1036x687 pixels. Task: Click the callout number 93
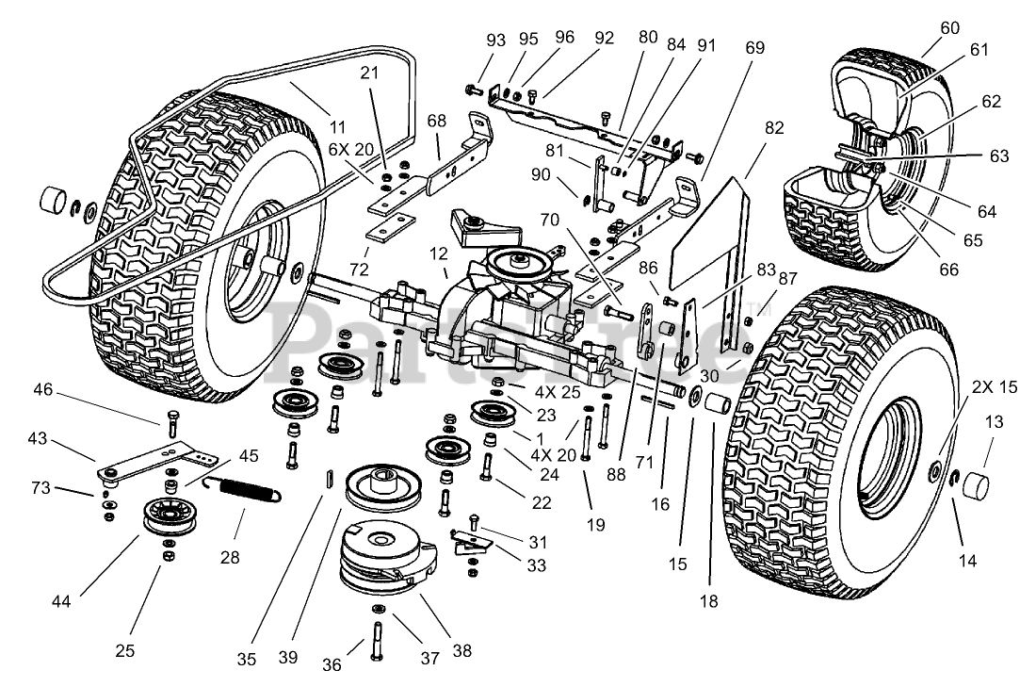(x=496, y=40)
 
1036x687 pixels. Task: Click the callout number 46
(x=44, y=388)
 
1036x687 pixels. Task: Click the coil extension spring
(x=244, y=489)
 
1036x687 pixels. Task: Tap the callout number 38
(x=461, y=649)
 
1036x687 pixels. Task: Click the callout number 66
(x=947, y=270)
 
